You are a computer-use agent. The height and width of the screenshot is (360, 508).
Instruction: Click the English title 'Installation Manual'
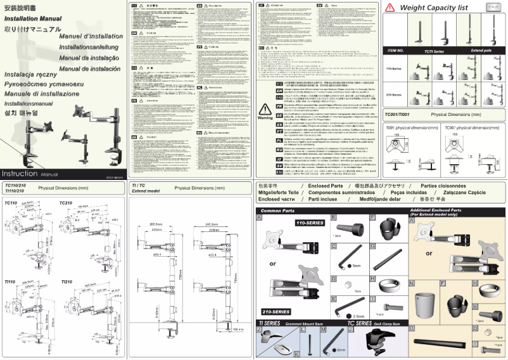tap(33, 18)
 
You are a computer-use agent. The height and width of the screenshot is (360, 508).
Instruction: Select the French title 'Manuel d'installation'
tap(86, 37)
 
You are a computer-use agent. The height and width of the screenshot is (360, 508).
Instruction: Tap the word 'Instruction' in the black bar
tap(19, 173)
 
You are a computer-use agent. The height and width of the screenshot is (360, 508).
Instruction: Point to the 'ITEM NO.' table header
tap(396, 49)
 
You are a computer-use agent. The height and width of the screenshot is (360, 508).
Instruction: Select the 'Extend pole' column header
tap(481, 49)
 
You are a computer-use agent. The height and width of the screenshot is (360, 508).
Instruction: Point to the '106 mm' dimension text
tap(238, 330)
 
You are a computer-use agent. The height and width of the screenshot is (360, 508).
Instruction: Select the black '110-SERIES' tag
tap(310, 224)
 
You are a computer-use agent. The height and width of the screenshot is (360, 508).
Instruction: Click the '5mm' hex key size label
tap(356, 266)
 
